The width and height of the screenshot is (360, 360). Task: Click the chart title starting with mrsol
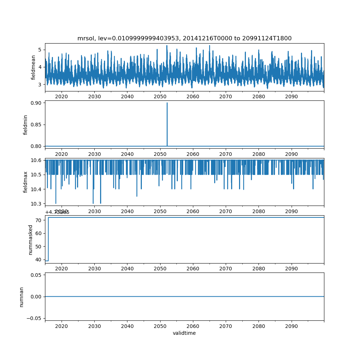coord(184,38)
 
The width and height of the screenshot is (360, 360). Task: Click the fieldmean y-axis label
coord(33,67)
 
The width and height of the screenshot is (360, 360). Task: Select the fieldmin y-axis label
coord(26,125)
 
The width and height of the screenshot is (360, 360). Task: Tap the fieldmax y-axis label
coord(26,182)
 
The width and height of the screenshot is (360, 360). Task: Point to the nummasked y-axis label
coord(31,239)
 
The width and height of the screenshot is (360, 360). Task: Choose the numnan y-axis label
coord(21,297)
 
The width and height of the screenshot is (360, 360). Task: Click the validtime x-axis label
coord(184,333)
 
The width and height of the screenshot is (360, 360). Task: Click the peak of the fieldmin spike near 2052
coord(167,103)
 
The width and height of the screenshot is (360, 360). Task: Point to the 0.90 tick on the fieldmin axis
coord(37,103)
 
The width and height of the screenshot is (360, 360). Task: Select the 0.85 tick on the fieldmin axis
coord(37,125)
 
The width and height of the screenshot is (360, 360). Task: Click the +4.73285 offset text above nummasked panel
coord(57,212)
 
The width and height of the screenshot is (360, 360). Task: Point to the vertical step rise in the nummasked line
coord(48,239)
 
